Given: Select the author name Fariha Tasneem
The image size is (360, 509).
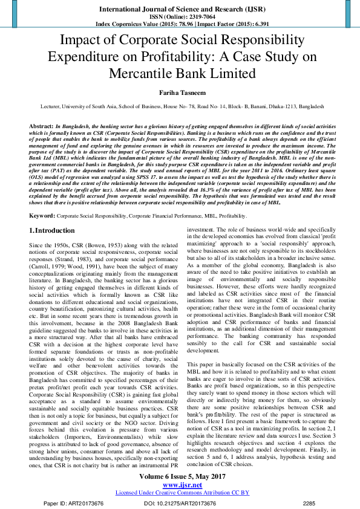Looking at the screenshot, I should [180, 92].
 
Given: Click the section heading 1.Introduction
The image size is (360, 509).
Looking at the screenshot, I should [53, 230].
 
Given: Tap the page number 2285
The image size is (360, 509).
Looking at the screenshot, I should [309, 503].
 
